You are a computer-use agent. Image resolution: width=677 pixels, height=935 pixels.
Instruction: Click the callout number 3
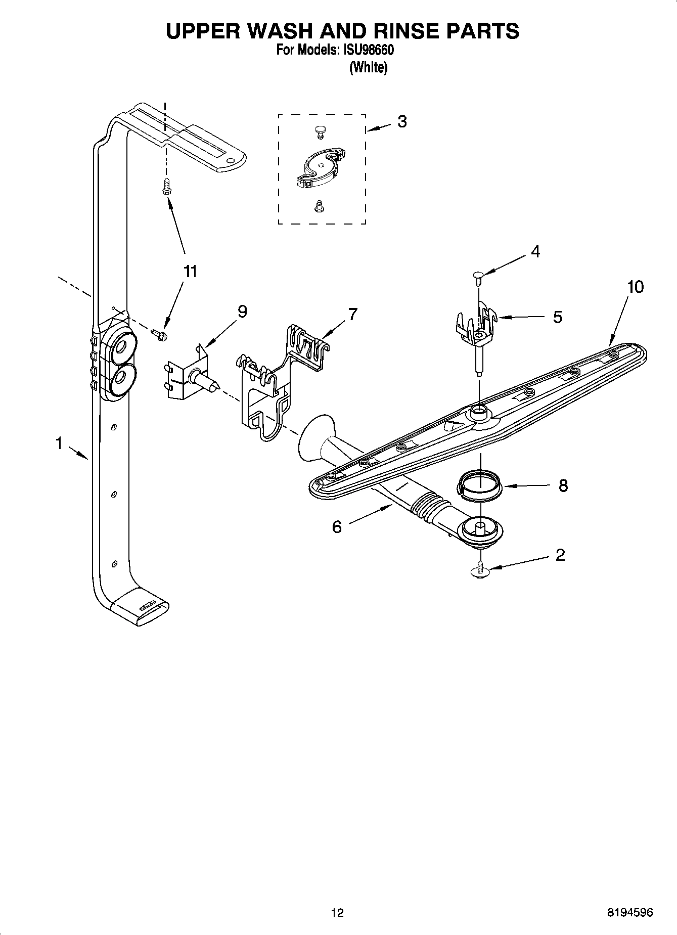402,122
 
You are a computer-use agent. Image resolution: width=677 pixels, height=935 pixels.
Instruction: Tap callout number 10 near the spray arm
635,287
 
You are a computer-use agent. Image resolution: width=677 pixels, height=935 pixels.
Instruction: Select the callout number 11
190,272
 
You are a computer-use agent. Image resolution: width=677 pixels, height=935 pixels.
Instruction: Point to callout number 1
59,444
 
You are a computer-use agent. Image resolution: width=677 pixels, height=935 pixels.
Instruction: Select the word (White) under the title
368,68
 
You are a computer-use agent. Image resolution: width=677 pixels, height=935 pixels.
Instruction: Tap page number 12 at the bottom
337,913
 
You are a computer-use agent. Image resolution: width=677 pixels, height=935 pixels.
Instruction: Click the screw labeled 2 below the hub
480,569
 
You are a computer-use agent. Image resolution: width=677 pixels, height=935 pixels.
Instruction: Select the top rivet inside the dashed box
319,131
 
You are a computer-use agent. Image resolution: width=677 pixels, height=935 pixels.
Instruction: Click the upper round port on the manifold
121,347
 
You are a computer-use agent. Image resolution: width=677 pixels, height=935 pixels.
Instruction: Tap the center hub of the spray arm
478,412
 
